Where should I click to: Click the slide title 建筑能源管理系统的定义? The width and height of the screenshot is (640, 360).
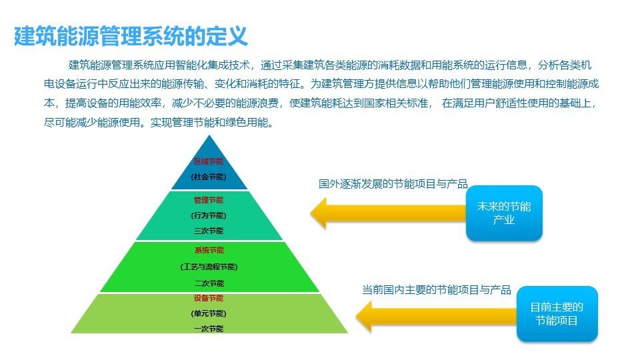131,36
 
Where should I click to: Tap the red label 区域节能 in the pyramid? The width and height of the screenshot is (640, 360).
209,161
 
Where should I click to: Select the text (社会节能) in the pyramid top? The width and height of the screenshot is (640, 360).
209,177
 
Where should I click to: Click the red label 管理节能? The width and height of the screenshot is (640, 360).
209,200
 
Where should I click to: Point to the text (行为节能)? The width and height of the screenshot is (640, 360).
209,215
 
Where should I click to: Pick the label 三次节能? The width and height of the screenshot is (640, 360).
209,231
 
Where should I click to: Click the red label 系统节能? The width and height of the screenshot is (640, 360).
209,250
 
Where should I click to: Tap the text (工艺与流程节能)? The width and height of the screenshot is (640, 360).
209,267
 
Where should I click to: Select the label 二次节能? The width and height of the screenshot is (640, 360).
209,283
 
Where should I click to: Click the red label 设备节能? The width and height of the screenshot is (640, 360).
209,298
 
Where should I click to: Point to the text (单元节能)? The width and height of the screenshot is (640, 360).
209,313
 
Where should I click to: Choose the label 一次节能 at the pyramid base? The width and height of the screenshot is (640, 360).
209,329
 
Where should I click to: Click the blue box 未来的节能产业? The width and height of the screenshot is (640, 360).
504,213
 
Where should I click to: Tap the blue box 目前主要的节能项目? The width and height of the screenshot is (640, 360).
557,313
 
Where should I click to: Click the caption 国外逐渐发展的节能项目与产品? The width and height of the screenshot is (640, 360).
393,184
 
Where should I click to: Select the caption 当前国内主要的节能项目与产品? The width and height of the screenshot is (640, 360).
436,290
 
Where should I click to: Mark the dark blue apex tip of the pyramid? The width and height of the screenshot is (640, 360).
209,135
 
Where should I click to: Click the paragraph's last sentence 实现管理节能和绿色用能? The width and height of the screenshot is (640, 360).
212,122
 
